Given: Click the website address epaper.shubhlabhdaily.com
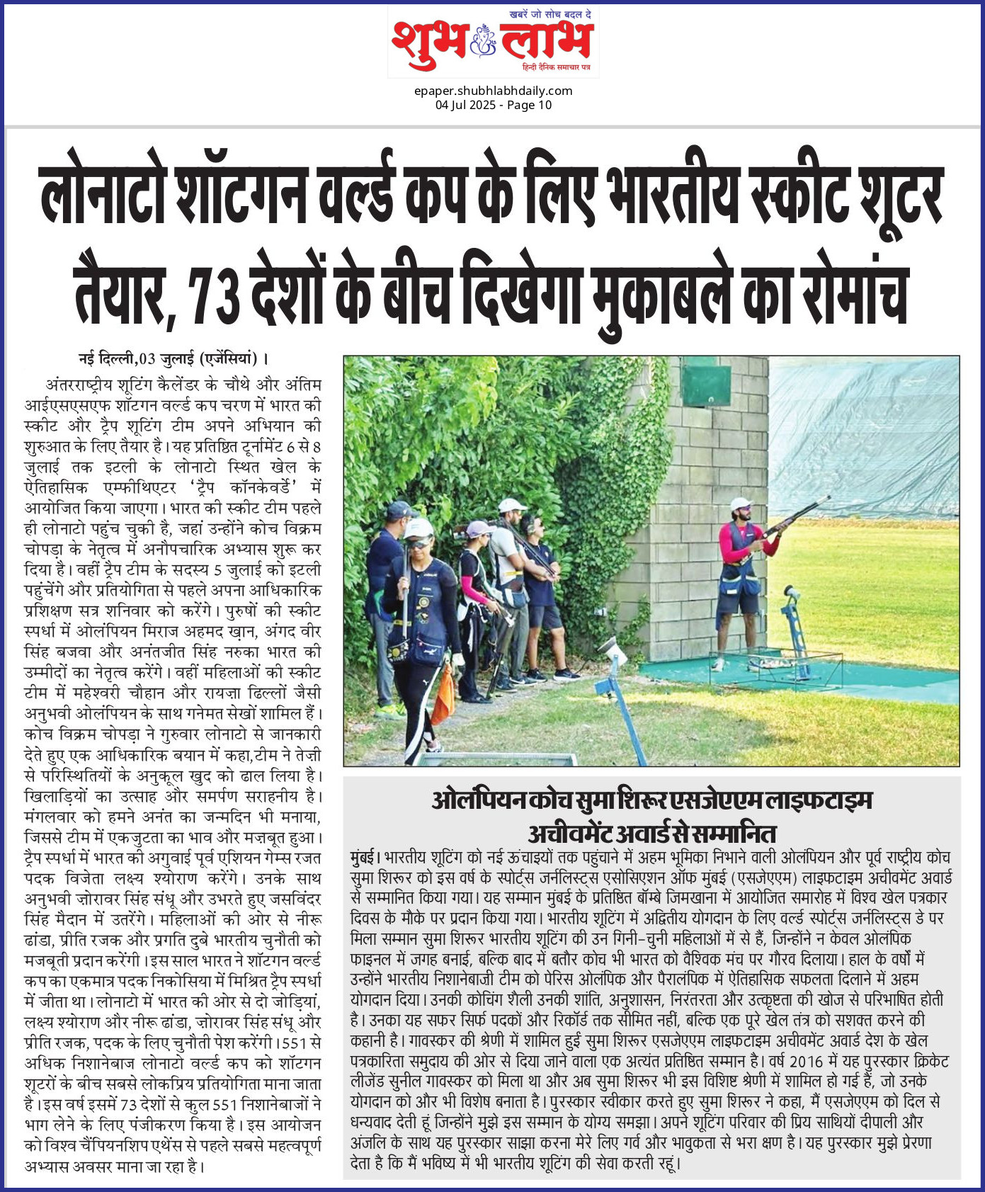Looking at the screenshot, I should click(493, 91).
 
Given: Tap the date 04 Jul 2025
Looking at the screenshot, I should click(464, 106).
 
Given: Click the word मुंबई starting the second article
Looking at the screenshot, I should click(365, 857).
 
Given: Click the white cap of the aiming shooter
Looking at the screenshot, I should click(740, 504).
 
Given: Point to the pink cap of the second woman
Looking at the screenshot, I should click(480, 528).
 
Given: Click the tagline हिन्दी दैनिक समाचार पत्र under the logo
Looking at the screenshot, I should click(556, 67).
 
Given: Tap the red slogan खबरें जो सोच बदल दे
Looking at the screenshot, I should click(550, 14).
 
